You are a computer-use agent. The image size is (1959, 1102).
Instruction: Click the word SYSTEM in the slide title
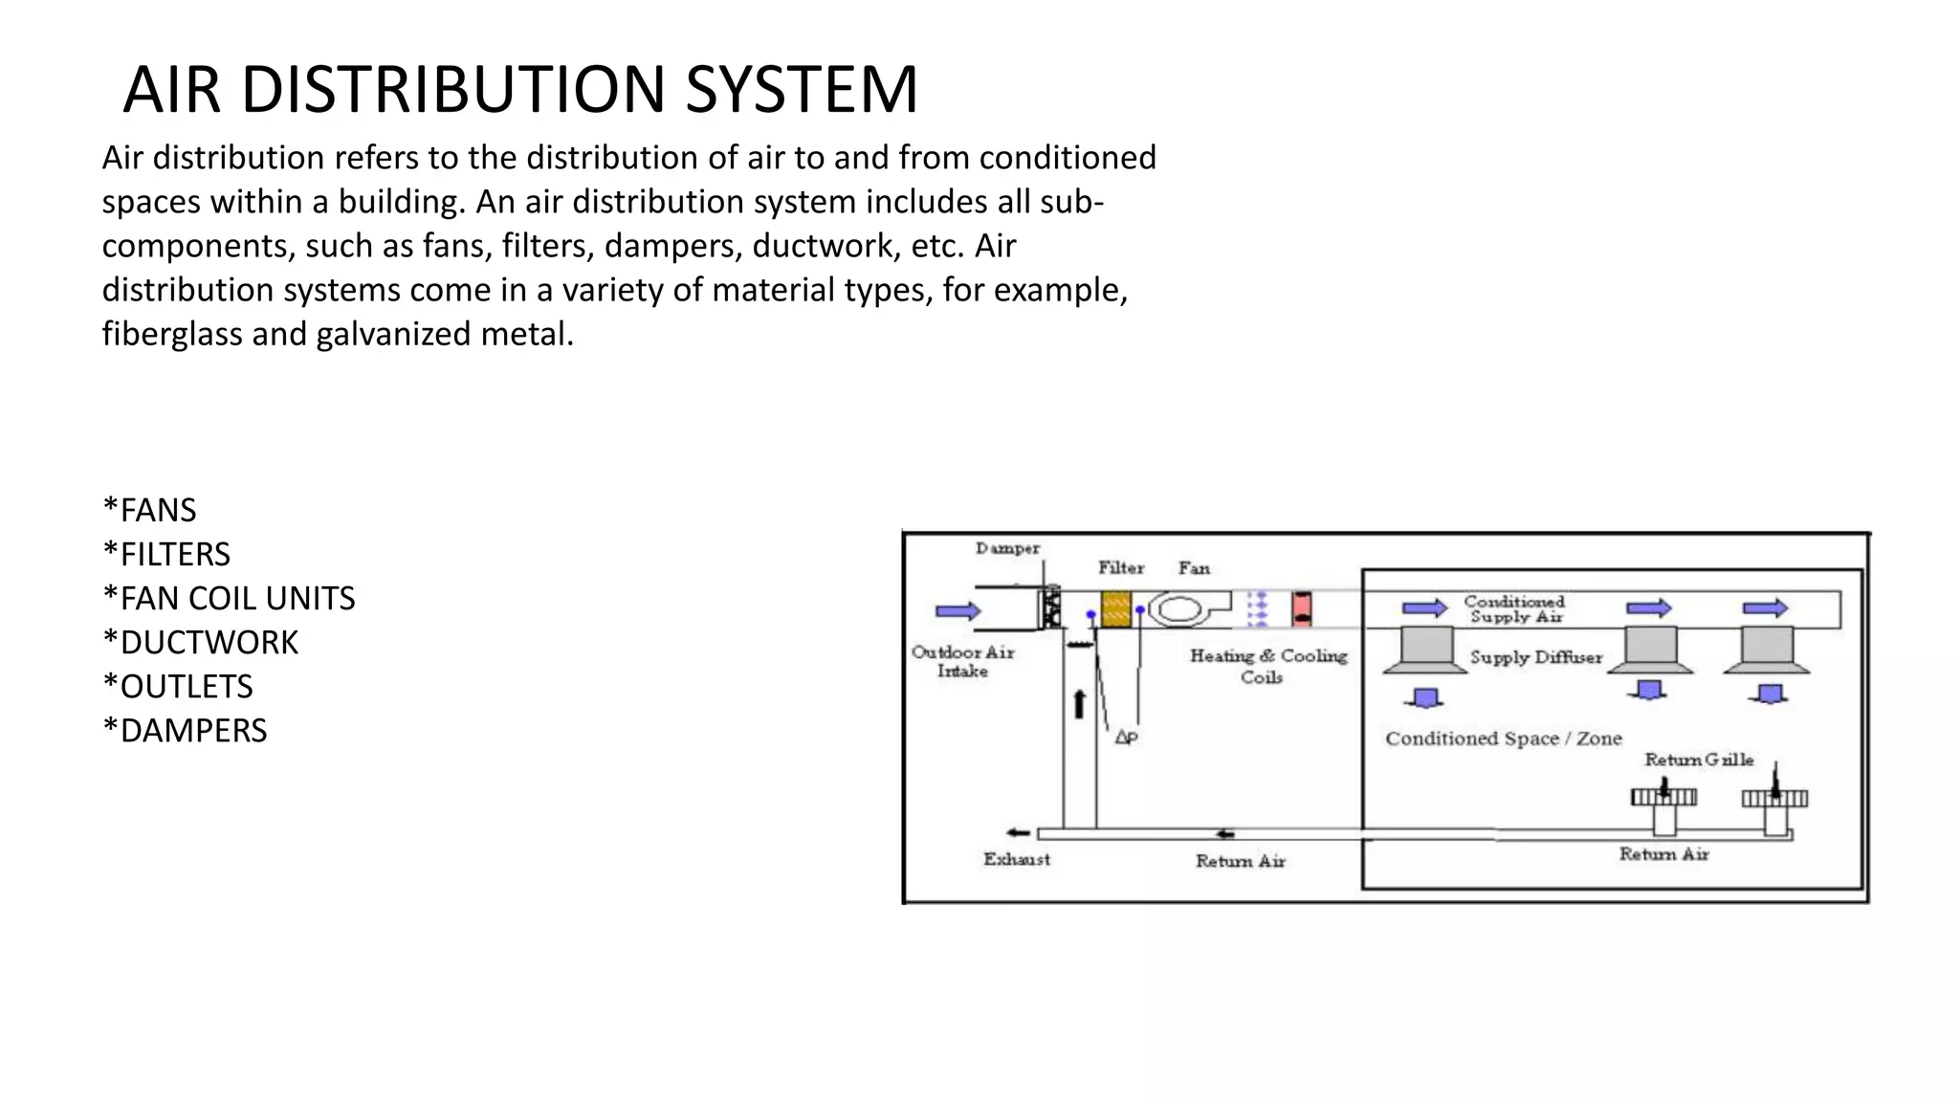click(x=802, y=90)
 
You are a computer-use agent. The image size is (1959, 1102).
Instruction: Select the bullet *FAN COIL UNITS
click(x=229, y=599)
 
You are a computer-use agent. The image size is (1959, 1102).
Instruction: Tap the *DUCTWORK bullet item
click(x=200, y=643)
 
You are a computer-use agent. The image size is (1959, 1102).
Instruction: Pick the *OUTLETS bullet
click(x=178, y=687)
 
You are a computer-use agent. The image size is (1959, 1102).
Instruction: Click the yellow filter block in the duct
click(x=1115, y=609)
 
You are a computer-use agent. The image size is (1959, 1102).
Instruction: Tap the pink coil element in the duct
click(x=1302, y=608)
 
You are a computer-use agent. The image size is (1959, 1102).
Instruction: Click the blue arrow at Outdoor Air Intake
click(x=957, y=611)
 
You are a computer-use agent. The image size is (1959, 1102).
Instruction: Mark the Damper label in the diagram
click(x=1007, y=548)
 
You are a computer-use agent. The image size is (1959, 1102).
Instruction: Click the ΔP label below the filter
click(x=1126, y=738)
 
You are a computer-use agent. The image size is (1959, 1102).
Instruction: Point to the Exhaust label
click(x=1016, y=859)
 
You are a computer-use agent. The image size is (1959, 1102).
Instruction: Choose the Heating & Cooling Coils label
click(x=1268, y=666)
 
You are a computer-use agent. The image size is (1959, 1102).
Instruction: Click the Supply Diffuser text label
click(x=1535, y=657)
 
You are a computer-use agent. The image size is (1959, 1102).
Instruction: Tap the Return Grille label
click(x=1699, y=760)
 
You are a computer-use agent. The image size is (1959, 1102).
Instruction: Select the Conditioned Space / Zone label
click(x=1503, y=738)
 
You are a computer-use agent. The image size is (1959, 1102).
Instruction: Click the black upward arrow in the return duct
click(x=1080, y=704)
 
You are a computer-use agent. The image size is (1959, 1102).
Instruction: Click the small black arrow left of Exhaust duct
click(x=1018, y=833)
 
